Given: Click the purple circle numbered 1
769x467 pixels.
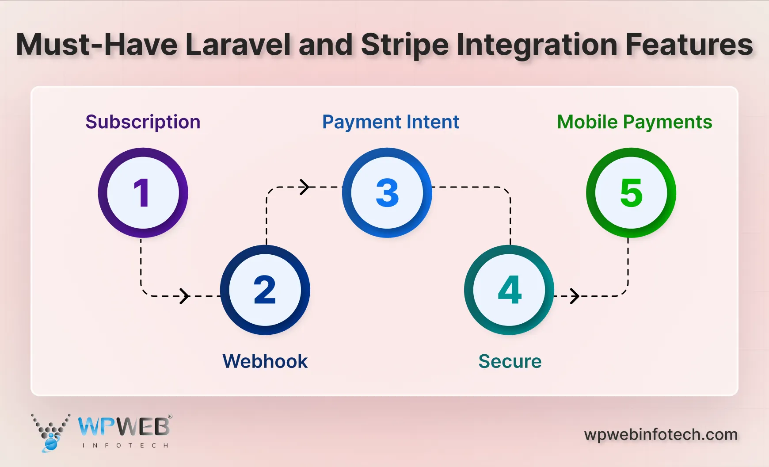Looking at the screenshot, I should click(x=143, y=193).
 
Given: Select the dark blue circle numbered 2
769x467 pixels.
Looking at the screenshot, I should click(x=265, y=290).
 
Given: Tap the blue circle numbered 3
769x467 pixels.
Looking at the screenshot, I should click(x=387, y=193).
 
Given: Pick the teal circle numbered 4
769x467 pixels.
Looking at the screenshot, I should click(x=509, y=290).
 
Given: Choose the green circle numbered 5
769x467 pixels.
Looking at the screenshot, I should click(x=631, y=193).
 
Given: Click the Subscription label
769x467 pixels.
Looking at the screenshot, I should click(x=143, y=122).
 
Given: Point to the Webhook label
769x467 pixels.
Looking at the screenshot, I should click(x=265, y=361).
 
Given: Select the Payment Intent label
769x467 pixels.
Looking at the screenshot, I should click(x=391, y=122).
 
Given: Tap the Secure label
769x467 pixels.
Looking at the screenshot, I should click(x=510, y=361).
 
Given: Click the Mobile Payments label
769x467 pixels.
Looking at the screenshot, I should click(x=634, y=122).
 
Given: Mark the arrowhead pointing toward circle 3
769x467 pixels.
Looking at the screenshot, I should click(x=305, y=187).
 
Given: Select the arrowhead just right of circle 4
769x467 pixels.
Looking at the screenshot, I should click(x=575, y=296).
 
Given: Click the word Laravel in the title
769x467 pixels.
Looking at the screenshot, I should click(x=238, y=45).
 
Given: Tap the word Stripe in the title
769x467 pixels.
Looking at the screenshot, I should click(x=404, y=45).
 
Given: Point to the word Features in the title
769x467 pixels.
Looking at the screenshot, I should click(x=689, y=45).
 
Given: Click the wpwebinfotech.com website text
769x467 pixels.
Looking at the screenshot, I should click(x=661, y=434).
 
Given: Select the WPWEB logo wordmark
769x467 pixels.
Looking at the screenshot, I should click(x=124, y=427).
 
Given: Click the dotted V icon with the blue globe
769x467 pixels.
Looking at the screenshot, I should click(x=50, y=433).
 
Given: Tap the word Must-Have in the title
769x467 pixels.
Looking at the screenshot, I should click(x=97, y=45).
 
